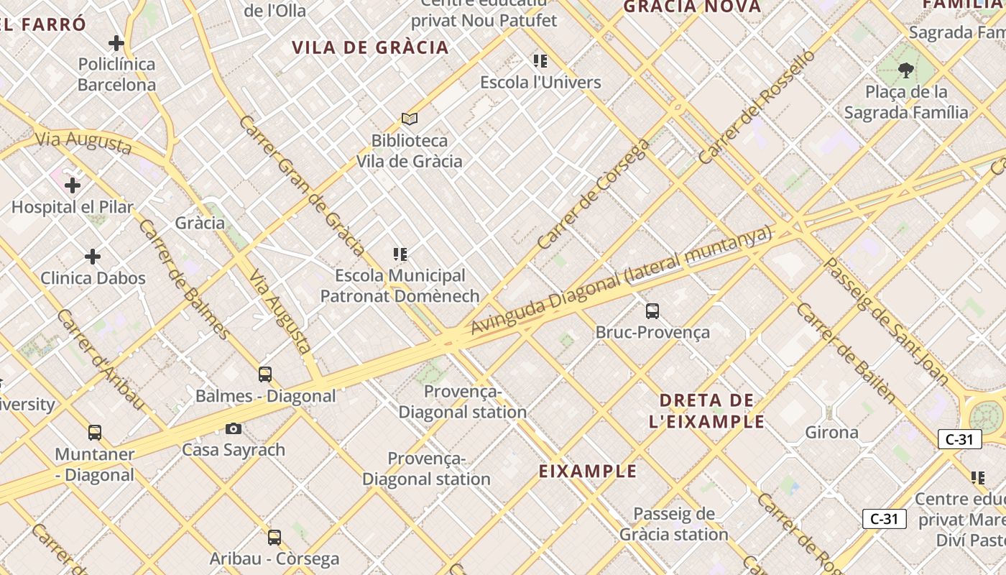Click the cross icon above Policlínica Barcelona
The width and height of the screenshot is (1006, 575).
116,43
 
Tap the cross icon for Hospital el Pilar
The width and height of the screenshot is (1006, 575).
73,186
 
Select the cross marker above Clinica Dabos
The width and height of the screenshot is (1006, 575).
93,257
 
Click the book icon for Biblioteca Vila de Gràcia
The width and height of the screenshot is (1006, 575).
410,119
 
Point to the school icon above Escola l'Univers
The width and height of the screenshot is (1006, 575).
540,61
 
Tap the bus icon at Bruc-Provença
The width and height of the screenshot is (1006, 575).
652,311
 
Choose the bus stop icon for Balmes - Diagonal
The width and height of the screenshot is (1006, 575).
265,374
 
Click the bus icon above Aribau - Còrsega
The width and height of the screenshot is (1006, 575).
274,538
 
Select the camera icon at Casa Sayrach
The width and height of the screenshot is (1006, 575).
234,429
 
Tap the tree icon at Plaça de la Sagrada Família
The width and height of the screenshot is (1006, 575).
905,70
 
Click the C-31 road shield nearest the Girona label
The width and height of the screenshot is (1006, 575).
959,439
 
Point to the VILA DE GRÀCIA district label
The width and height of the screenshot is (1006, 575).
370,48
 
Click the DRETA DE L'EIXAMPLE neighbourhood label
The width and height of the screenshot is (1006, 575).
706,410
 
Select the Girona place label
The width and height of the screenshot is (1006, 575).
831,432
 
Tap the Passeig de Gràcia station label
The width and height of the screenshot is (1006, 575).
673,524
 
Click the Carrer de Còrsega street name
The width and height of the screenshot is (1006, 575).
593,194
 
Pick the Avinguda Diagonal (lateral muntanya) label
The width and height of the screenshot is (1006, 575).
621,280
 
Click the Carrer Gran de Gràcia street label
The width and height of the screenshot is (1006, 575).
302,185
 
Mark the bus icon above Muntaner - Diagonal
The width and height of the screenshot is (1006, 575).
95,433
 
